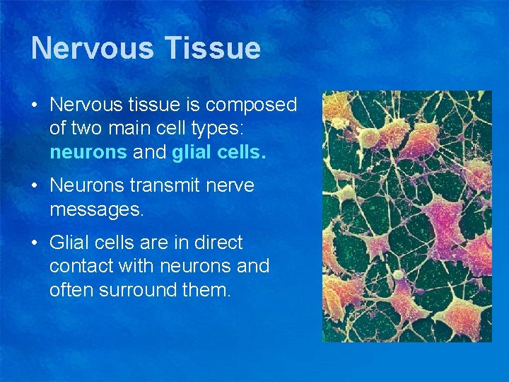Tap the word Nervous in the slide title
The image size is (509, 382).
[x=93, y=48]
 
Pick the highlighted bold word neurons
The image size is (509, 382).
[x=88, y=153]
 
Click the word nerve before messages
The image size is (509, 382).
[x=231, y=186]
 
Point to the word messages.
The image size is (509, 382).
[x=96, y=210]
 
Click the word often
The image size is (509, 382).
[x=69, y=289]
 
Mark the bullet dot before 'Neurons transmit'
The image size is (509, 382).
[x=35, y=187]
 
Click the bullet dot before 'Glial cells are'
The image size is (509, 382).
[x=35, y=243]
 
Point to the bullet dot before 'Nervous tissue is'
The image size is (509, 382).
[x=35, y=106]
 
